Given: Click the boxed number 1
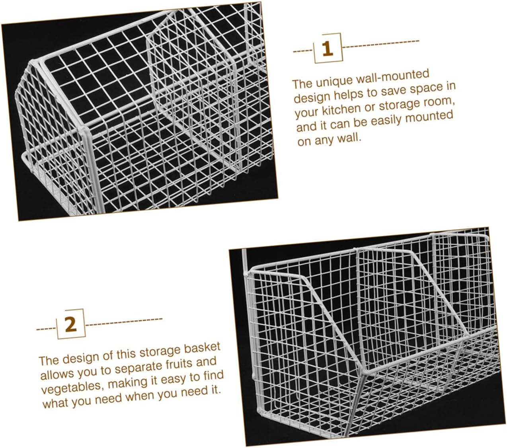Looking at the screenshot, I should tap(328, 49).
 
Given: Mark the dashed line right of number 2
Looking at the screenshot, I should tap(124, 321).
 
